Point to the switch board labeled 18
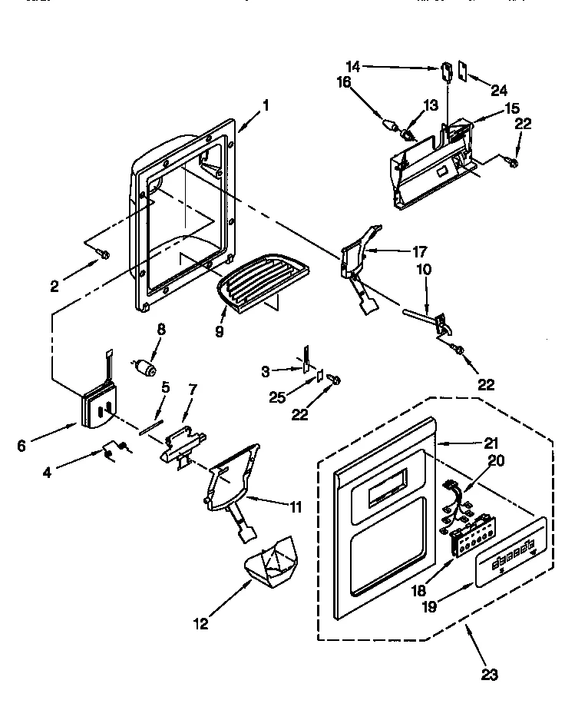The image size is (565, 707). (x=468, y=533)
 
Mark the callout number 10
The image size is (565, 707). (x=424, y=270)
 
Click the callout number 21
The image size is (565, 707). (x=491, y=443)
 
